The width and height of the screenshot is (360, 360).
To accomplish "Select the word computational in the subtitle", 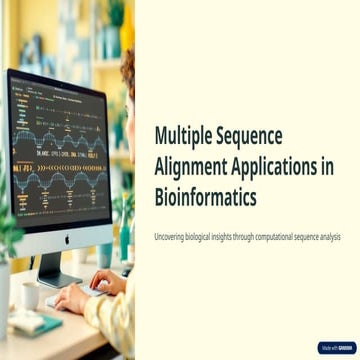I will coord(290,236).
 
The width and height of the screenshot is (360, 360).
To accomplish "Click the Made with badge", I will coord(336,347).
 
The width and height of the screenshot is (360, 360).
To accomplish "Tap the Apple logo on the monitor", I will coord(67,239).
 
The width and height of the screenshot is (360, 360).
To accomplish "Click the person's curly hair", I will coord(128,75).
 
